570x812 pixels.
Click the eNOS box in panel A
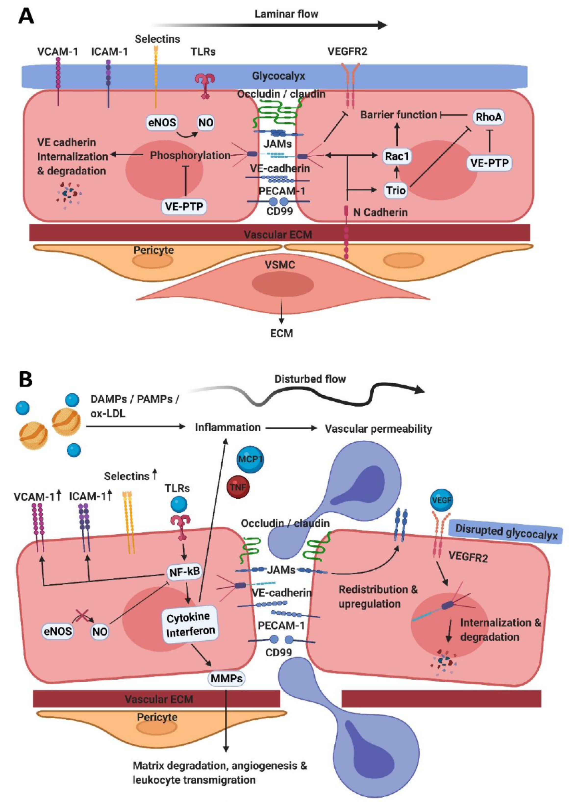[162, 123]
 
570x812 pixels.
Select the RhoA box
[489, 117]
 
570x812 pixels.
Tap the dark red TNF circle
[238, 487]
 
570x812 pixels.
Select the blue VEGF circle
[442, 500]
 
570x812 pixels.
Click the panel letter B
[25, 379]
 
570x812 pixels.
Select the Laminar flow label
[286, 14]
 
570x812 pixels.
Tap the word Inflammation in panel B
[228, 427]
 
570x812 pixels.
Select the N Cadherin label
[380, 212]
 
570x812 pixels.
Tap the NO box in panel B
[100, 631]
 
